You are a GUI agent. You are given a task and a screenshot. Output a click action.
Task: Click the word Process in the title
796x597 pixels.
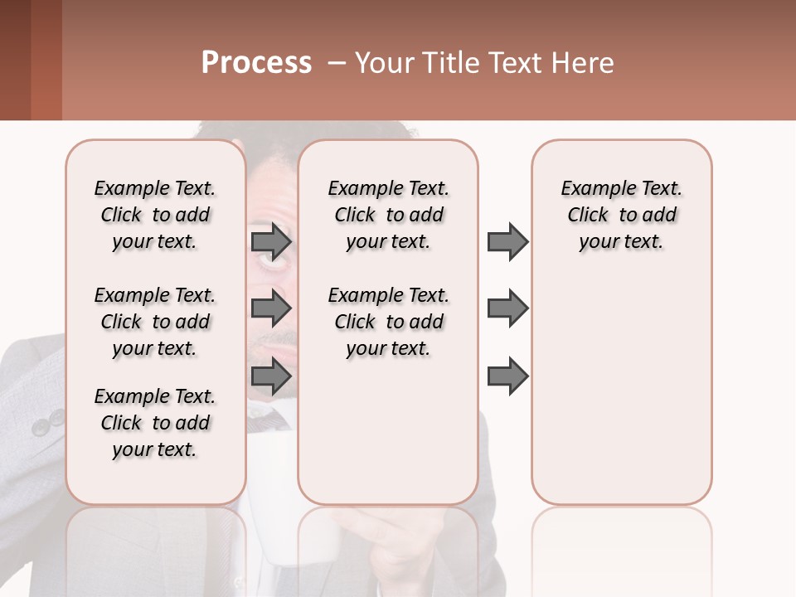pyautogui.click(x=256, y=63)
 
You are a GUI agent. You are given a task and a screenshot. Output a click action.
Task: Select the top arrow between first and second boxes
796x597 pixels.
pyautogui.click(x=271, y=242)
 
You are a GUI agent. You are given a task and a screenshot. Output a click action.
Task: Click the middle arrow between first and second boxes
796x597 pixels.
pyautogui.click(x=271, y=308)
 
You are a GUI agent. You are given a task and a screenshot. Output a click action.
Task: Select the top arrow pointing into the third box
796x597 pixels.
pyautogui.click(x=507, y=242)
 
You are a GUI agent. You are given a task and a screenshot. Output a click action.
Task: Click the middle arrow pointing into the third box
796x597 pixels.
pyautogui.click(x=507, y=308)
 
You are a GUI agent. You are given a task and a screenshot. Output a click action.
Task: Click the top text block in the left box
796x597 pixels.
pyautogui.click(x=155, y=215)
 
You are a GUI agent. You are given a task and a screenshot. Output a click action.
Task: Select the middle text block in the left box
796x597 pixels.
pyautogui.click(x=155, y=322)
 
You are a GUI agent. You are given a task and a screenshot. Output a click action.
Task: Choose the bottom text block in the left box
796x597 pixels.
pyautogui.click(x=155, y=423)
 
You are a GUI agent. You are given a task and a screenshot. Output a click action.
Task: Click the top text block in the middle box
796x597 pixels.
pyautogui.click(x=388, y=215)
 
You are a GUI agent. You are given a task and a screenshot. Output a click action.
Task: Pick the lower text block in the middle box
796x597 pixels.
pyautogui.click(x=388, y=322)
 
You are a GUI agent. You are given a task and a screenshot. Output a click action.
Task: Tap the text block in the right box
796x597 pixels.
pyautogui.click(x=621, y=215)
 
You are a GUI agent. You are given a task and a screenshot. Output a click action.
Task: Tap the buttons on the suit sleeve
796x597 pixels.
pyautogui.click(x=48, y=424)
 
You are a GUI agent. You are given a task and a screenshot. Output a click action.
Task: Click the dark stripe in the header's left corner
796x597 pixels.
pyautogui.click(x=15, y=60)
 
